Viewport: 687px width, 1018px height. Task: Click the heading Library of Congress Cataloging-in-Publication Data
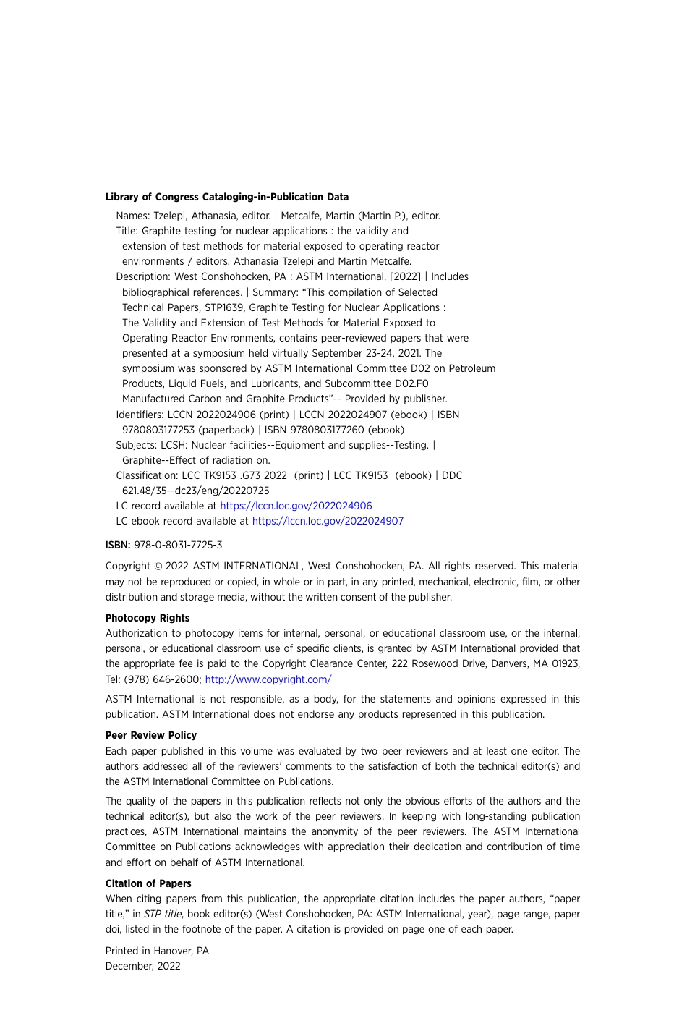(226, 197)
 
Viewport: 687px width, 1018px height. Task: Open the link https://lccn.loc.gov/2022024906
(296, 506)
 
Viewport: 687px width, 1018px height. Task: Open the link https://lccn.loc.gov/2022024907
(328, 521)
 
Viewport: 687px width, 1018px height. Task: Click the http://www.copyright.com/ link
(268, 679)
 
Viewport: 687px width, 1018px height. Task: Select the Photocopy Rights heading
(148, 618)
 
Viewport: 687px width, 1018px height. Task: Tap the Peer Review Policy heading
(150, 735)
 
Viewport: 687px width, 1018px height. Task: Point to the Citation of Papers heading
(148, 883)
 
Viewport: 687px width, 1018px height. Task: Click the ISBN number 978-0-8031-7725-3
(178, 545)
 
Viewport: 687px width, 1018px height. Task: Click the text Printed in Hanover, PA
(157, 951)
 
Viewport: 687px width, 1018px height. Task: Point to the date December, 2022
(142, 966)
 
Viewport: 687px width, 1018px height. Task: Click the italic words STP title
(163, 914)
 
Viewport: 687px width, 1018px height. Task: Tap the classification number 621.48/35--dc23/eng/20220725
(195, 491)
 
